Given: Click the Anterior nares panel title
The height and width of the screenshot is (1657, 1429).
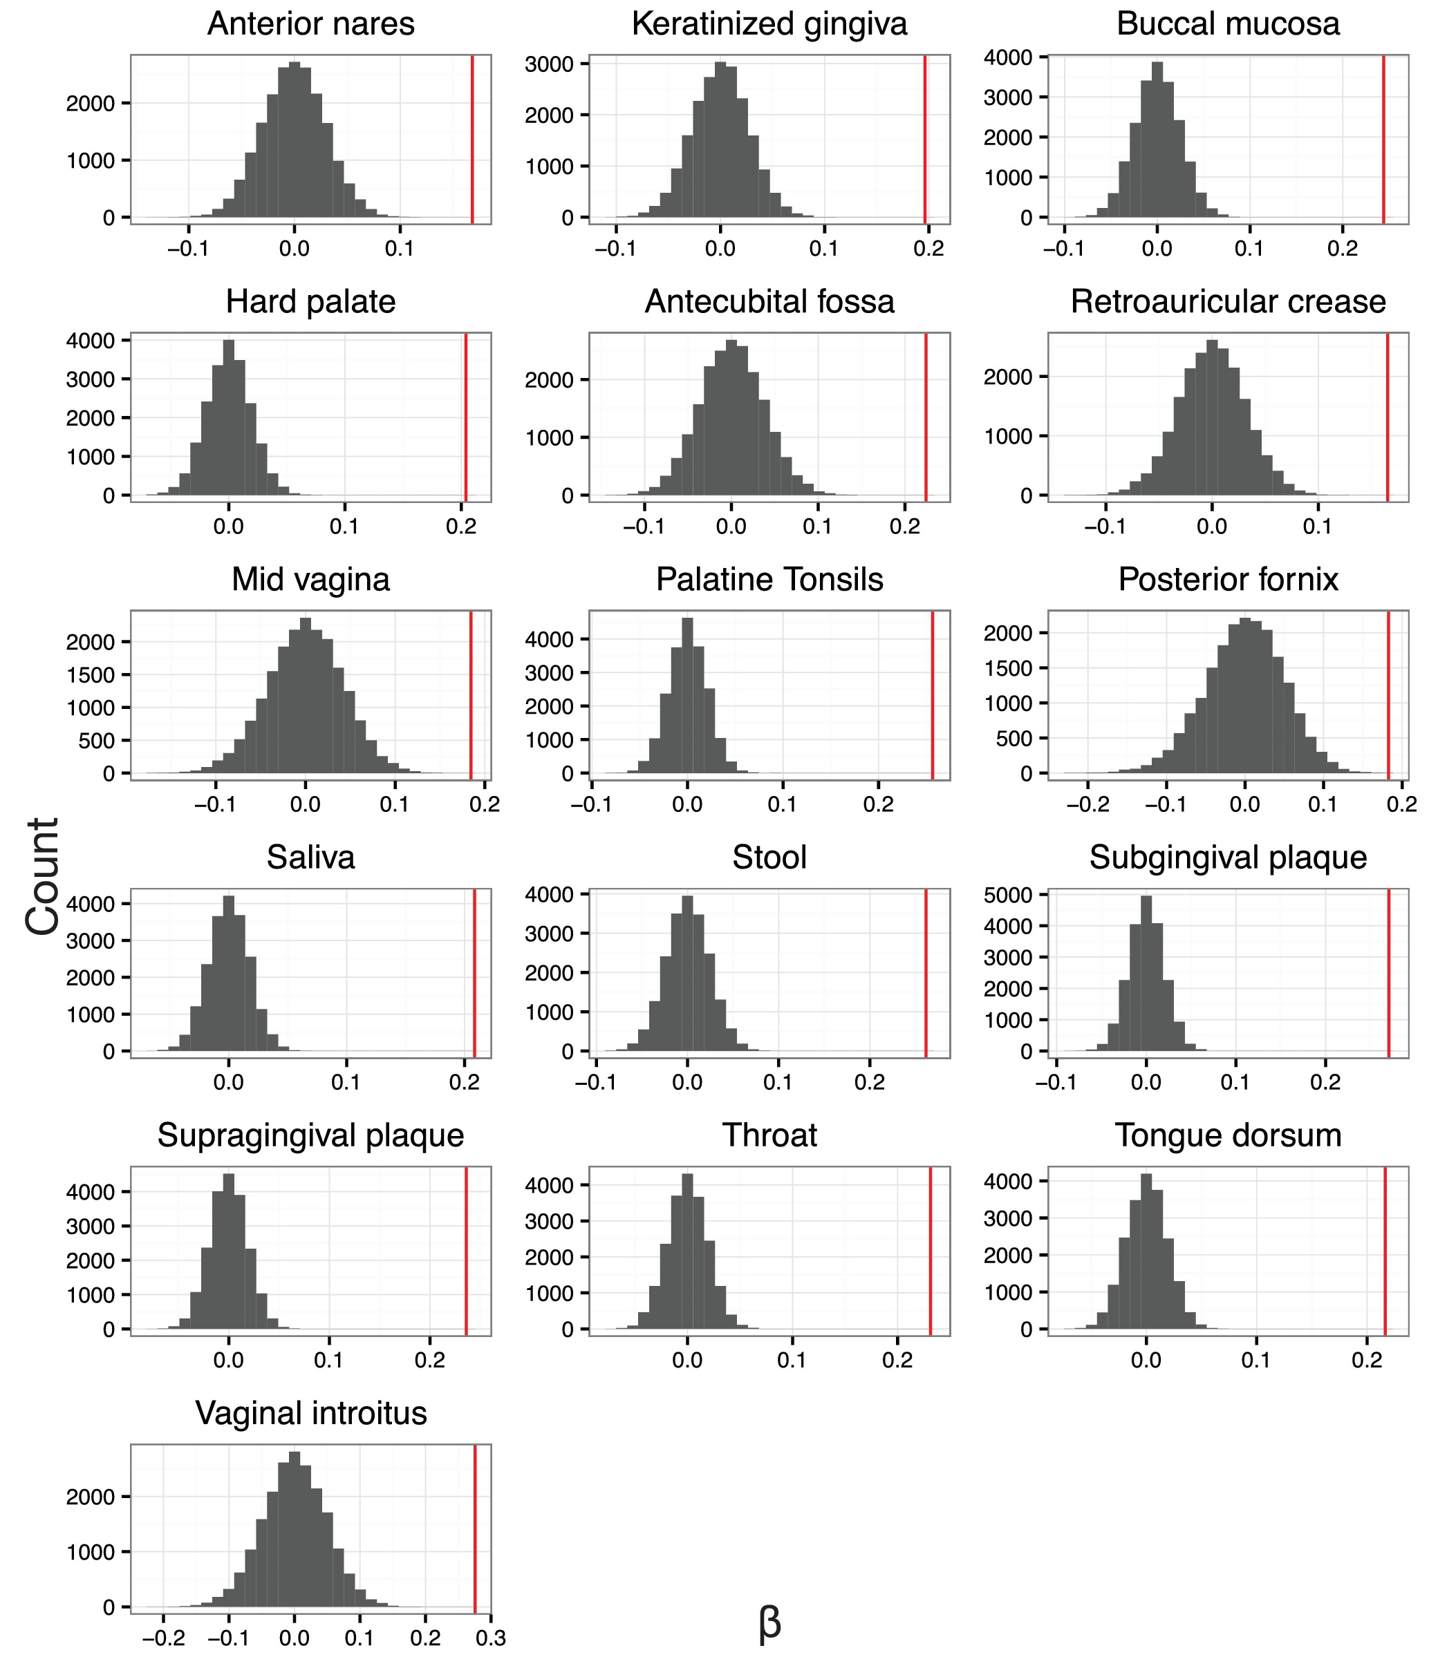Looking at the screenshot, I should point(310,24).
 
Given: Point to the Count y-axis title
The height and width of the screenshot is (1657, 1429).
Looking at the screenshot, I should point(42,875).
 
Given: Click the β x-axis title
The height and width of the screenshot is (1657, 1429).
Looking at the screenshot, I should point(769,1622).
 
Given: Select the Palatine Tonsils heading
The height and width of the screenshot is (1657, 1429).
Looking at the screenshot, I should point(769,580).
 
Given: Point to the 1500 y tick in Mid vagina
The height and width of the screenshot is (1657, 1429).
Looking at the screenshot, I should point(91,674).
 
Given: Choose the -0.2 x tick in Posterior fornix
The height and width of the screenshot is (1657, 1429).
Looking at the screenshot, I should point(1088,804).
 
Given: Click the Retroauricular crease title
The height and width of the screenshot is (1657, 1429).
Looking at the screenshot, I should point(1227,302).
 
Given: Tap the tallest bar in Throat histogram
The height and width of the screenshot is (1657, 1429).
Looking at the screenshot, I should point(687,1251).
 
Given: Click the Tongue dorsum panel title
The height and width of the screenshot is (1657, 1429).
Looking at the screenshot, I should point(1227,1135).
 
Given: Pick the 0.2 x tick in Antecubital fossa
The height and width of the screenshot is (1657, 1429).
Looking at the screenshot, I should point(904,527).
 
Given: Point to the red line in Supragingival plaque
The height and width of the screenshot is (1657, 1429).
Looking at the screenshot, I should point(466,1251).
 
